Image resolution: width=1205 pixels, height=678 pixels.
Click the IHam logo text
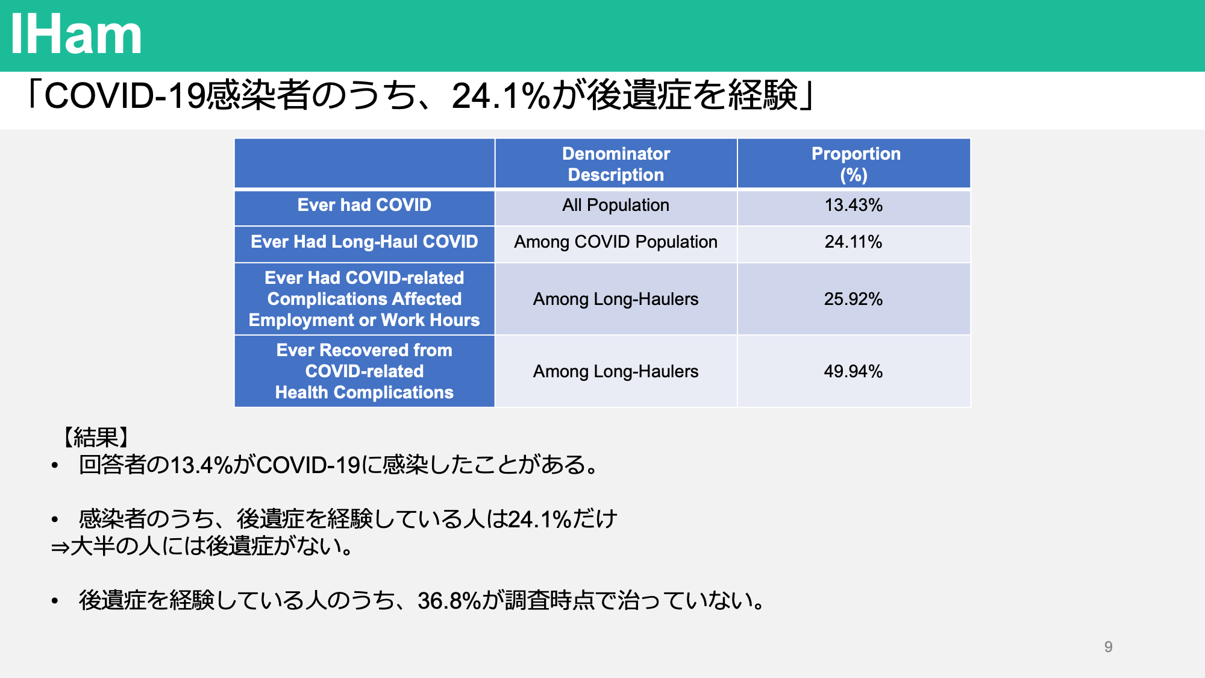pos(76,35)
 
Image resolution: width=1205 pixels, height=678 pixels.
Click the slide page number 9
pos(1108,647)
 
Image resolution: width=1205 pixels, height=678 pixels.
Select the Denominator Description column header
pos(616,164)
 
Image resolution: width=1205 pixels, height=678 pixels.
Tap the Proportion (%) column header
pos(856,164)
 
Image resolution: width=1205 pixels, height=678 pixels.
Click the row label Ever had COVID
pos(364,205)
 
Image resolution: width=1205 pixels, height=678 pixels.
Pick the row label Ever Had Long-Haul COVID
pos(364,242)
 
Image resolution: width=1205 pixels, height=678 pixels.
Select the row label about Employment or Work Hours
pos(364,299)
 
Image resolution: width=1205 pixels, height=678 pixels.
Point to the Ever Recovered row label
pos(364,371)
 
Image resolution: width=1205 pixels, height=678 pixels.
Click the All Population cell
pos(616,205)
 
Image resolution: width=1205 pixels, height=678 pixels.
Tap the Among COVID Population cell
pos(616,242)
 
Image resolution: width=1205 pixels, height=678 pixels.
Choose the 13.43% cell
pos(854,205)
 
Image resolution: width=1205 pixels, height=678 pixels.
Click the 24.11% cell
pos(854,242)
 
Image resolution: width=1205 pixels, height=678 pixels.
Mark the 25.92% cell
pos(854,299)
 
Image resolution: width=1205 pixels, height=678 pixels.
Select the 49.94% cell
pos(854,371)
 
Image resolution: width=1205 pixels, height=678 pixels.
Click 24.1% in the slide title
pos(501,96)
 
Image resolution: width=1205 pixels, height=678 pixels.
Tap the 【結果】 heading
pos(96,437)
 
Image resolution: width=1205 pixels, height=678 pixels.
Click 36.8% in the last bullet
pos(449,600)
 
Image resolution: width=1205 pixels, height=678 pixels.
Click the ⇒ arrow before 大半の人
pos(60,547)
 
